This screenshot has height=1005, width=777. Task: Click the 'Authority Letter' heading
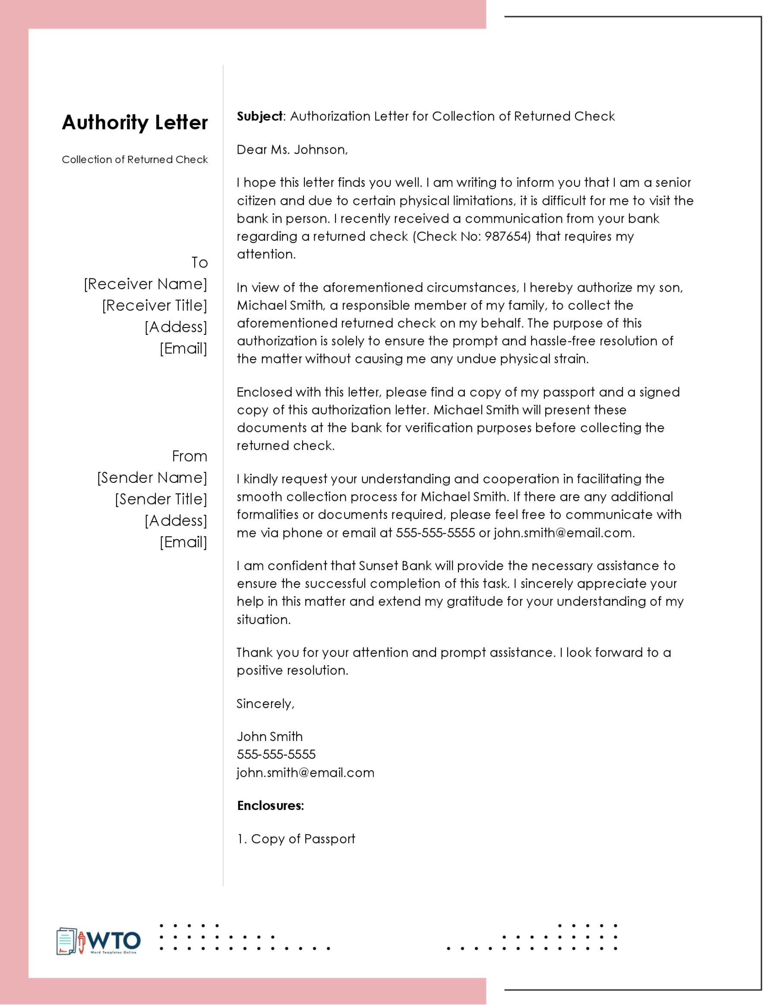[135, 123]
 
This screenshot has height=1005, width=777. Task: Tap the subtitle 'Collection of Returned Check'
[135, 160]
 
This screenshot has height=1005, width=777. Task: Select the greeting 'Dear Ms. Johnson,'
[292, 150]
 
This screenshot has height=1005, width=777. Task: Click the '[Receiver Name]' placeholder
[145, 284]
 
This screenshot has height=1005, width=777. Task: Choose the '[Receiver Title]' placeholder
[155, 306]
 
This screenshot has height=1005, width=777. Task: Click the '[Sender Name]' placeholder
[152, 478]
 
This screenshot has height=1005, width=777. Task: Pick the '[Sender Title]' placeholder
[161, 499]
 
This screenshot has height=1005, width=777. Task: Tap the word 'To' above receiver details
[200, 263]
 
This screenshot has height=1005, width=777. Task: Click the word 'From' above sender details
[190, 457]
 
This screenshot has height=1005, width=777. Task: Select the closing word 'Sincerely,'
[265, 704]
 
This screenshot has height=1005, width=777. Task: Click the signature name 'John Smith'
[270, 737]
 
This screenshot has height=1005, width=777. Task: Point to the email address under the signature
[306, 772]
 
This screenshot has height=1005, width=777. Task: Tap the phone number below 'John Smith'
[276, 755]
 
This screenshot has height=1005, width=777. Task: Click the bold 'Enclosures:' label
[271, 806]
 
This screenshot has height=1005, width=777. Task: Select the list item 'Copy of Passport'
[303, 839]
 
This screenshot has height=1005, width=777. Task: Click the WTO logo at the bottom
[98, 941]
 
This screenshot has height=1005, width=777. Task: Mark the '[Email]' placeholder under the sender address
[183, 542]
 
